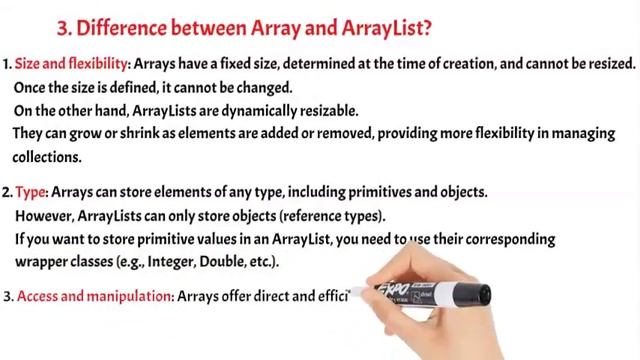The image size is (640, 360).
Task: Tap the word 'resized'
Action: click(x=606, y=64)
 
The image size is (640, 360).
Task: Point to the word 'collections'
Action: click(x=46, y=157)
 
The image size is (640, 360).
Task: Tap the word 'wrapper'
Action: click(x=42, y=262)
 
